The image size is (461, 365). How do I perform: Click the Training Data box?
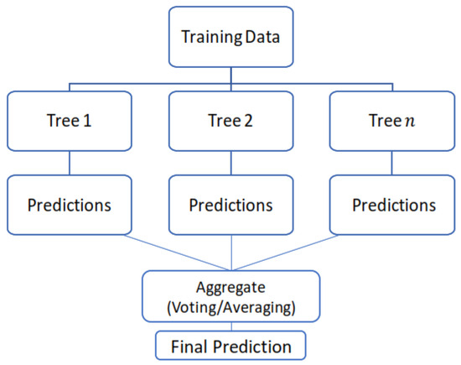[231, 37]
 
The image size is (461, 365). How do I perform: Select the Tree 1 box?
[70, 121]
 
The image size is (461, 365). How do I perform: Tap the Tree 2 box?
[231, 121]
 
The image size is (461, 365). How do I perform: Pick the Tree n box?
[392, 121]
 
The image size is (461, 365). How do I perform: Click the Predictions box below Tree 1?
[70, 205]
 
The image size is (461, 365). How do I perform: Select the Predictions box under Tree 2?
[231, 205]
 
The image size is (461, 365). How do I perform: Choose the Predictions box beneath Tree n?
[392, 205]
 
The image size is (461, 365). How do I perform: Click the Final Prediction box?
[230, 346]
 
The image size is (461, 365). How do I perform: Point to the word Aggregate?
[230, 288]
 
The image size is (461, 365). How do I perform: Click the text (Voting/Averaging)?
[231, 308]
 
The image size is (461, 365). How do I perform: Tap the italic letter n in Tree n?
[410, 122]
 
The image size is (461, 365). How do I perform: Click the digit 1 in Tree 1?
[87, 121]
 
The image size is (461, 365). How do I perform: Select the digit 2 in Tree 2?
[248, 121]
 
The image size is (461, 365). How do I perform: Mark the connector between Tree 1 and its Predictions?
[70, 163]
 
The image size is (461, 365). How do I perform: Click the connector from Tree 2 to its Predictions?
[231, 163]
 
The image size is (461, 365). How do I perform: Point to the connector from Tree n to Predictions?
[392, 163]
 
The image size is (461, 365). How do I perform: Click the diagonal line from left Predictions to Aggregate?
[177, 253]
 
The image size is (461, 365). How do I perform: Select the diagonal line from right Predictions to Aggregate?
[286, 253]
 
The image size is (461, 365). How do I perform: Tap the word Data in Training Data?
[262, 37]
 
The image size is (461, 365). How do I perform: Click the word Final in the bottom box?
[190, 347]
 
